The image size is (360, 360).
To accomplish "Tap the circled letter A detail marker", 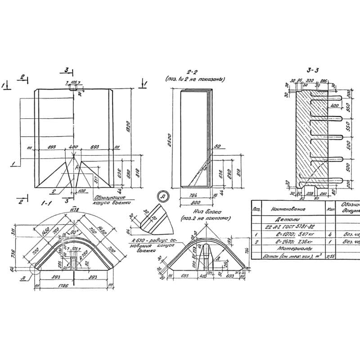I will click(162, 196).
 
